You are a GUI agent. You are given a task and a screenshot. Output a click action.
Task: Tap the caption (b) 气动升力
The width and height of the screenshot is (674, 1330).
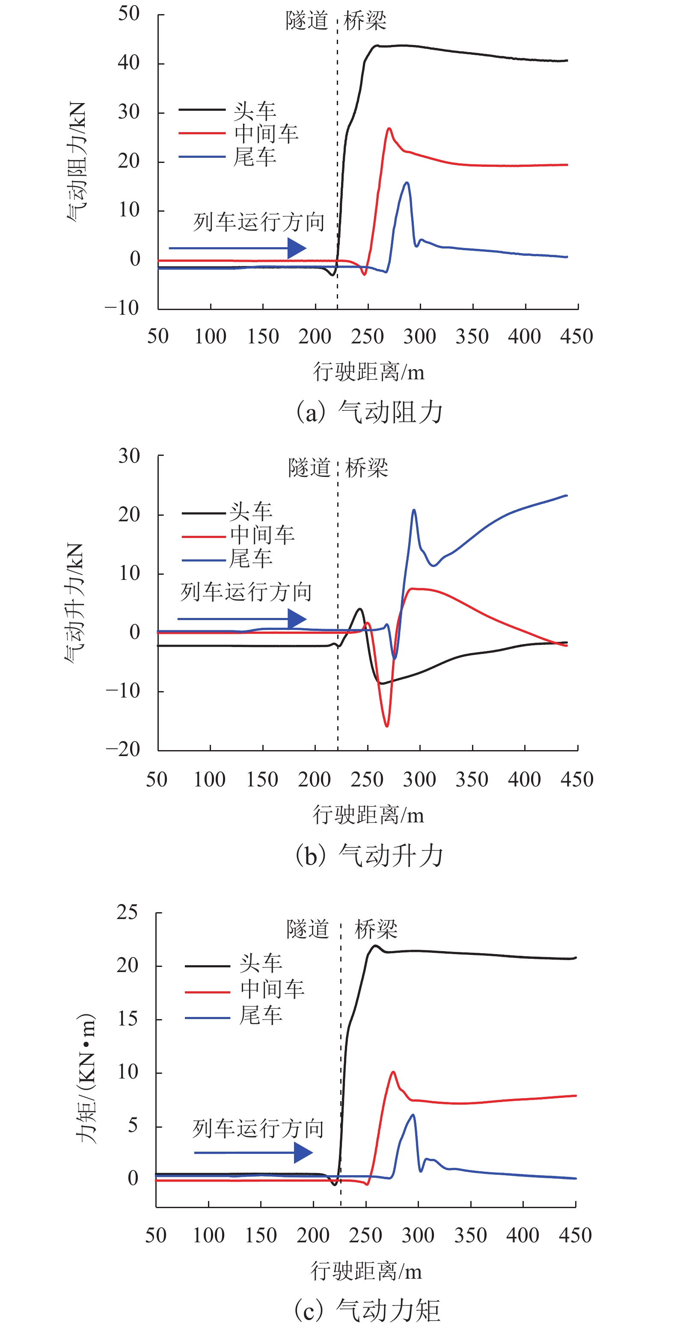coord(369,855)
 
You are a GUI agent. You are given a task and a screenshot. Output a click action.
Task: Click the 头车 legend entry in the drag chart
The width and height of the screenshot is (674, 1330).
coord(227,110)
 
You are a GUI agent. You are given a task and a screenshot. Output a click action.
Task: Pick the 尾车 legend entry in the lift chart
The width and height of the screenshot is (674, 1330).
coord(227,559)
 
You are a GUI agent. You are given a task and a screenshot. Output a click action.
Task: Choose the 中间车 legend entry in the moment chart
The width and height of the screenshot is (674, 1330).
coord(245,989)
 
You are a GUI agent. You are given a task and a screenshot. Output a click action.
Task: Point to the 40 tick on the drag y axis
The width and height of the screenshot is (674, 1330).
coord(129,63)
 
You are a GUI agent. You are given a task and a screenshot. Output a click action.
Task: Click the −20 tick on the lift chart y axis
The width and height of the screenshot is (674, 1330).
coord(122,749)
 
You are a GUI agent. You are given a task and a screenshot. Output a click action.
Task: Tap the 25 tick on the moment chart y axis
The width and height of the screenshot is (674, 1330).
coord(127,913)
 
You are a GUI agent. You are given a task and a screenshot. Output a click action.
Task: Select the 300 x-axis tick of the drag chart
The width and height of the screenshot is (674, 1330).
coord(419,337)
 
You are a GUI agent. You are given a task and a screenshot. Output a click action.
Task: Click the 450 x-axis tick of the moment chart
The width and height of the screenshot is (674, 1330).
coord(575,1235)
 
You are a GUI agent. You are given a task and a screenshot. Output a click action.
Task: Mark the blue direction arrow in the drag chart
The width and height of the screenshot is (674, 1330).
coord(238,248)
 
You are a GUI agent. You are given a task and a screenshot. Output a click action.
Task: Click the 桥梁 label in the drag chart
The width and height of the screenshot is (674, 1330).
coord(365,21)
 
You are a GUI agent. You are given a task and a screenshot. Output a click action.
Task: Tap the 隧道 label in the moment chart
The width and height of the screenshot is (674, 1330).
coord(308,929)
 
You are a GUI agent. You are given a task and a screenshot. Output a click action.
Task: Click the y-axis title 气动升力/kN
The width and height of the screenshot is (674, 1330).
coord(74,603)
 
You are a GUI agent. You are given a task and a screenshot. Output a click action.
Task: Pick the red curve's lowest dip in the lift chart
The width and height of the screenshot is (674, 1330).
coord(386,725)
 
